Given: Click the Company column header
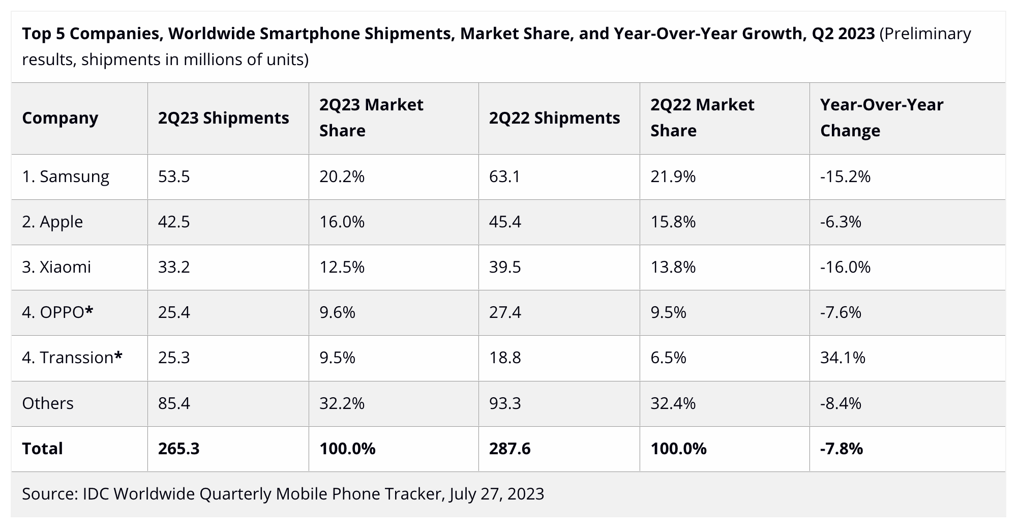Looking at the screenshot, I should tap(60, 118).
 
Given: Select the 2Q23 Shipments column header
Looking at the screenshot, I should tap(223, 118).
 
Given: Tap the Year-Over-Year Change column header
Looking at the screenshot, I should tap(881, 118).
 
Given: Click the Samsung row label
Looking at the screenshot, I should tap(66, 177).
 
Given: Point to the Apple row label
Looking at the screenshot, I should tap(52, 222).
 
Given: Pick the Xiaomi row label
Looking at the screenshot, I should tap(56, 267).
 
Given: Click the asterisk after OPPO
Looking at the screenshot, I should tap(89, 311).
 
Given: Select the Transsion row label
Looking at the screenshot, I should tap(72, 358).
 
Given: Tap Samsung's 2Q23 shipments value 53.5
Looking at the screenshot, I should tap(174, 177).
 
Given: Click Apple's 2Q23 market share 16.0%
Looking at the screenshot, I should tap(342, 222).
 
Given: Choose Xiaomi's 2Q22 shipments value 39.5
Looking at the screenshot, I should tap(505, 267).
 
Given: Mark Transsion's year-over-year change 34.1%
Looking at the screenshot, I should tap(843, 358).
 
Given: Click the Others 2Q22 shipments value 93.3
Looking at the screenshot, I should tap(505, 403).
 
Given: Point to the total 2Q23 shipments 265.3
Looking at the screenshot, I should tap(178, 449).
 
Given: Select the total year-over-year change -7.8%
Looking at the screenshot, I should tap(842, 449).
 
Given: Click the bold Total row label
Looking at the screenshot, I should tap(42, 449).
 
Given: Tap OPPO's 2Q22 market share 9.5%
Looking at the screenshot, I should tap(668, 312).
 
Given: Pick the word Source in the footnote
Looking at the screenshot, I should tap(49, 494).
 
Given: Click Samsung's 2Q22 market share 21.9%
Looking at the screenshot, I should tap(673, 177).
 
